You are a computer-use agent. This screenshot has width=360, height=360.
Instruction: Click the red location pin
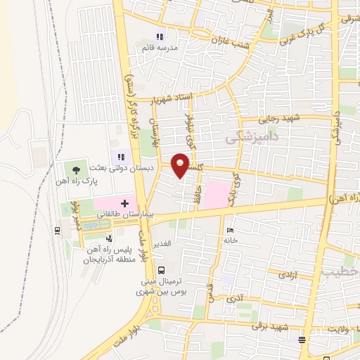click(x=181, y=166)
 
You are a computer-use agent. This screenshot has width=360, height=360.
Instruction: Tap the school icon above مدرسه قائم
click(x=160, y=37)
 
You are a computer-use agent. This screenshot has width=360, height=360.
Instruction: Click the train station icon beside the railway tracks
click(x=56, y=230)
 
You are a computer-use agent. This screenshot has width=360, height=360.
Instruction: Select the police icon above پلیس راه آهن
click(x=108, y=238)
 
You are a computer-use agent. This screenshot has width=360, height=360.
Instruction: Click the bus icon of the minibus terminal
click(x=162, y=270)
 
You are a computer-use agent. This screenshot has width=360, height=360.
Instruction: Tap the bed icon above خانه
click(x=229, y=230)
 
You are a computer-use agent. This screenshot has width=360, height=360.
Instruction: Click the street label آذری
click(x=236, y=299)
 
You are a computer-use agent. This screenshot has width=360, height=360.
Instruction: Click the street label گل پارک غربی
click(x=304, y=33)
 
